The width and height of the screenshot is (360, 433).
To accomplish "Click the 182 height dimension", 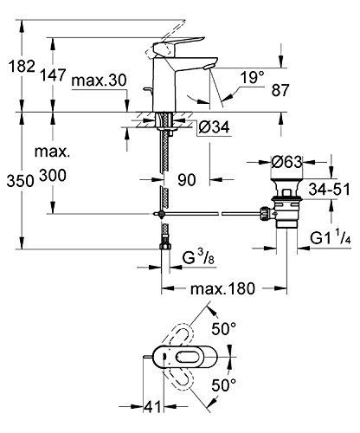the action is (x=22, y=66).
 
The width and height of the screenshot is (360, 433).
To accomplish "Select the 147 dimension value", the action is (x=53, y=75).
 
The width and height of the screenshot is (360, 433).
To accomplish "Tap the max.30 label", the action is (x=99, y=80).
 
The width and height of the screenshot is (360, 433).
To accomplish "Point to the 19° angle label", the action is (x=253, y=77).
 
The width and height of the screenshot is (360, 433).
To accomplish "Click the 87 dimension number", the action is (x=280, y=90).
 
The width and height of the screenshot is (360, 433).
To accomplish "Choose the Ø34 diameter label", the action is (x=214, y=127).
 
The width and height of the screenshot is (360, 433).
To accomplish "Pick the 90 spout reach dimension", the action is (x=187, y=180).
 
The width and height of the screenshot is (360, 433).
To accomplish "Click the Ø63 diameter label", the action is (x=286, y=162).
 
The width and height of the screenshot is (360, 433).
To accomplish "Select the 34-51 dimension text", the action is (x=329, y=190).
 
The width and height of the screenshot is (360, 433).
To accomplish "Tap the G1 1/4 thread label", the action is (x=331, y=237).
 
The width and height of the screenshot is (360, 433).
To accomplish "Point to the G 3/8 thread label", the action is (x=198, y=256).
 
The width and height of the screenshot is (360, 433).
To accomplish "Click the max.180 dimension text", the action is (x=222, y=288).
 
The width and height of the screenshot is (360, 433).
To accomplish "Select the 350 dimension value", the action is (x=20, y=181).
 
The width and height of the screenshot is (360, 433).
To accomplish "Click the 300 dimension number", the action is (x=53, y=175).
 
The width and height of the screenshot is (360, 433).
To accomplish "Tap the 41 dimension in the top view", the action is (x=152, y=407).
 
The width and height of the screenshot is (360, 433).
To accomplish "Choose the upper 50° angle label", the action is (x=224, y=328).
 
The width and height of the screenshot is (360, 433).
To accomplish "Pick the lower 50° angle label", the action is (x=224, y=385).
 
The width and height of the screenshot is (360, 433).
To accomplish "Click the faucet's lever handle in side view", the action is (x=178, y=46).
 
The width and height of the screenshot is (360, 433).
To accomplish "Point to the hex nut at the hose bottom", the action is (x=165, y=246).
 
